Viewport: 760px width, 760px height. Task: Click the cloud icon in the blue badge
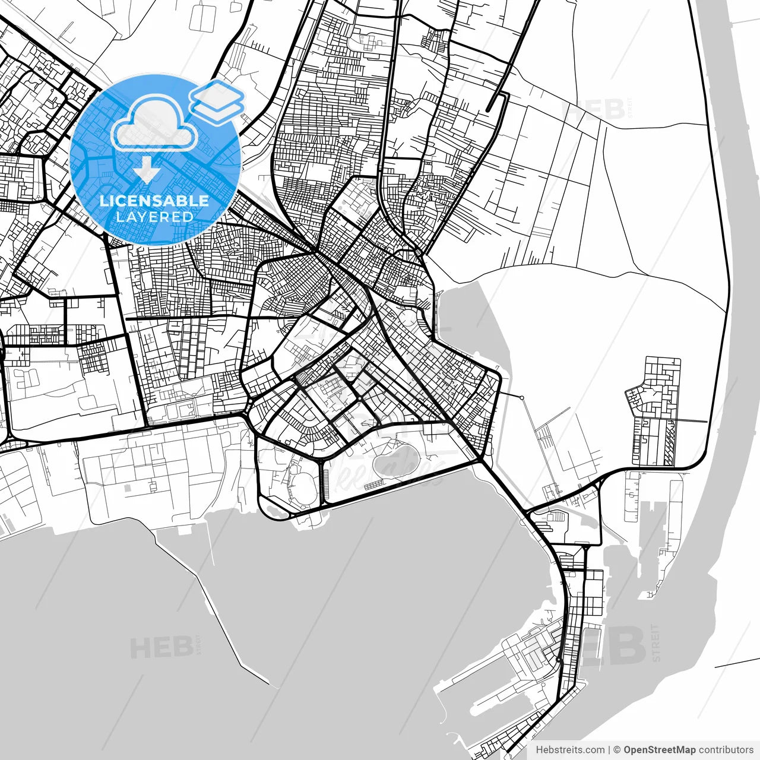[155, 123]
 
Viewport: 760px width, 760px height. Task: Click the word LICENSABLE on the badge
[154, 201]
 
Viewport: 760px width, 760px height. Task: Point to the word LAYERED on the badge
[154, 217]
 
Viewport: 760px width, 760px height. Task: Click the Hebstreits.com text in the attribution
[570, 750]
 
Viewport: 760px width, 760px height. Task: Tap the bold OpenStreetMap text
[659, 750]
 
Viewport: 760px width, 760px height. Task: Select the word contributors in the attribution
[726, 750]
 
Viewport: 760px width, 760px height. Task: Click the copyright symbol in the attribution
[617, 750]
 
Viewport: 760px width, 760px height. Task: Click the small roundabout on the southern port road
[559, 660]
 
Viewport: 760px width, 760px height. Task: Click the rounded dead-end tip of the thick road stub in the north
[488, 109]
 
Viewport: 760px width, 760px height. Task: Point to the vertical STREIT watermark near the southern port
[655, 642]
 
